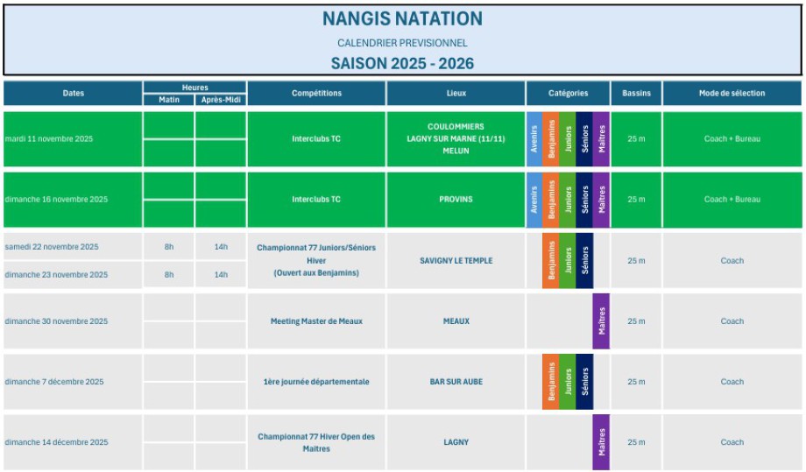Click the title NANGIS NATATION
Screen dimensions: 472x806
coord(402,18)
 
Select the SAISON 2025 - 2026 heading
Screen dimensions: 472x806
coord(402,63)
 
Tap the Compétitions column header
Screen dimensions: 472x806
coord(316,94)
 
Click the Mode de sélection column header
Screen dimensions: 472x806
coord(732,94)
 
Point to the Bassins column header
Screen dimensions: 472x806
coord(637,94)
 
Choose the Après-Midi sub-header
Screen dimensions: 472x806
coord(221,100)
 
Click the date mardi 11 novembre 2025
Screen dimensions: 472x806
coord(49,138)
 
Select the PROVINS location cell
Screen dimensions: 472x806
coord(456,199)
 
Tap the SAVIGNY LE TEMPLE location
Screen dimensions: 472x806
coord(456,260)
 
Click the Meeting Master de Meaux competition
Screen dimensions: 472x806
coord(316,321)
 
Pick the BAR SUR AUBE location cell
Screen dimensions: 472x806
coord(456,382)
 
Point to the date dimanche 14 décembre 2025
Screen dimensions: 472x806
coord(57,442)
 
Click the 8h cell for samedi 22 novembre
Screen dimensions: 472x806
coord(169,247)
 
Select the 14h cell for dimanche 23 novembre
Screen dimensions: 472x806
coord(221,274)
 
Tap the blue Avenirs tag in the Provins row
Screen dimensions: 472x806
coord(534,199)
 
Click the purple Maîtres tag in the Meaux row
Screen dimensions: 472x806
coord(601,321)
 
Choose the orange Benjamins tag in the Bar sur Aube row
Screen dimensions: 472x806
coord(550,382)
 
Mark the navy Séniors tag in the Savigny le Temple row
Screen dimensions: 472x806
coord(584,260)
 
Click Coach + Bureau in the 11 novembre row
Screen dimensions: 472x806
coord(732,138)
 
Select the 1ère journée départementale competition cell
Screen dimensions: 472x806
coord(316,382)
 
